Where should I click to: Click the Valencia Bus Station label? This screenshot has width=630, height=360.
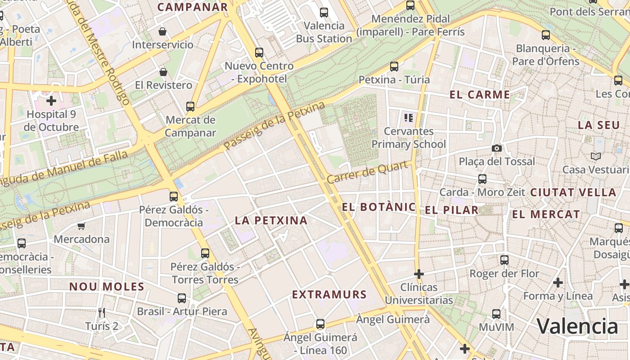[324, 32]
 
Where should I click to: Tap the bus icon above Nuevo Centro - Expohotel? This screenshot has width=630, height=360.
[259, 52]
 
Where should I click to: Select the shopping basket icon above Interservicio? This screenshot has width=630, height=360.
[162, 31]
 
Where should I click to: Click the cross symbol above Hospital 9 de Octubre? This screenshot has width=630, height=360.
[51, 100]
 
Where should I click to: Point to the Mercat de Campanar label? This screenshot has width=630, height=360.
[190, 126]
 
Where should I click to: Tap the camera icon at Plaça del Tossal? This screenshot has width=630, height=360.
[496, 148]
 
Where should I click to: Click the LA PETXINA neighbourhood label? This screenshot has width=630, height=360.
[271, 220]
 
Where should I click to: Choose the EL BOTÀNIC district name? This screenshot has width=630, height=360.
[379, 207]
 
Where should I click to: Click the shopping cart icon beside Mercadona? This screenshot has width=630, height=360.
[81, 226]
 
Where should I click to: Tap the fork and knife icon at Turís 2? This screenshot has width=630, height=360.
[102, 312]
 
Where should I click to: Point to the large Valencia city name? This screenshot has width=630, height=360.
[577, 326]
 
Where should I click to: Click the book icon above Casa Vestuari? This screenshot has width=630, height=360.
[595, 156]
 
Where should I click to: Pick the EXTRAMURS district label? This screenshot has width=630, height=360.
[329, 295]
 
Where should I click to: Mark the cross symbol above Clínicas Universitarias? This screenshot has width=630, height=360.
[419, 274]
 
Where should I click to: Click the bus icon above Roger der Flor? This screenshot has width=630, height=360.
[504, 260]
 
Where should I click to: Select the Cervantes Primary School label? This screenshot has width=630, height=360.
[409, 138]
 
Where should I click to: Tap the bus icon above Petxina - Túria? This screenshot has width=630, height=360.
[394, 67]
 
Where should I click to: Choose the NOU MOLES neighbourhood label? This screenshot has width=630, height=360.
[107, 287]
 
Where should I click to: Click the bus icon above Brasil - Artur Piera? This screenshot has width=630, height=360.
[182, 298]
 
